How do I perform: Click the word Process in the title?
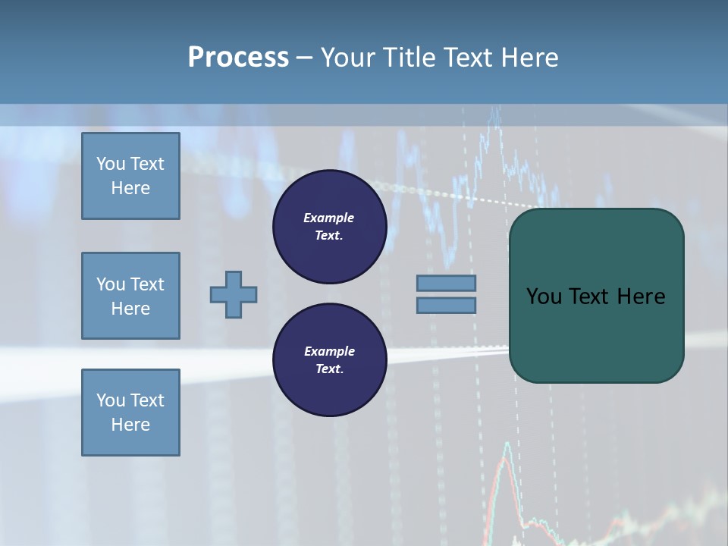click(238, 58)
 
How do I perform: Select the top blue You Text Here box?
click(130, 176)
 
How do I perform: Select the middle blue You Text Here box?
click(130, 296)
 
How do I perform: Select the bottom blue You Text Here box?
click(130, 413)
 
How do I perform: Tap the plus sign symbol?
click(234, 294)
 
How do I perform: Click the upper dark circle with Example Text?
click(329, 227)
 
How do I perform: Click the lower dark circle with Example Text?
click(329, 360)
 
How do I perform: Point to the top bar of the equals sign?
click(446, 283)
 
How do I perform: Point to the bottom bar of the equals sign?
click(446, 306)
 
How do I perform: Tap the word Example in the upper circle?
click(329, 218)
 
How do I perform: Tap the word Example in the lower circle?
click(329, 351)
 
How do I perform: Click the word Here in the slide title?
click(529, 58)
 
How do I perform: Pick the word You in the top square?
click(111, 164)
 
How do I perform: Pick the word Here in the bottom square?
click(130, 425)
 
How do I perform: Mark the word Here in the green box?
click(642, 297)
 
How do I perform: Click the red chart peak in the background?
click(505, 453)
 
